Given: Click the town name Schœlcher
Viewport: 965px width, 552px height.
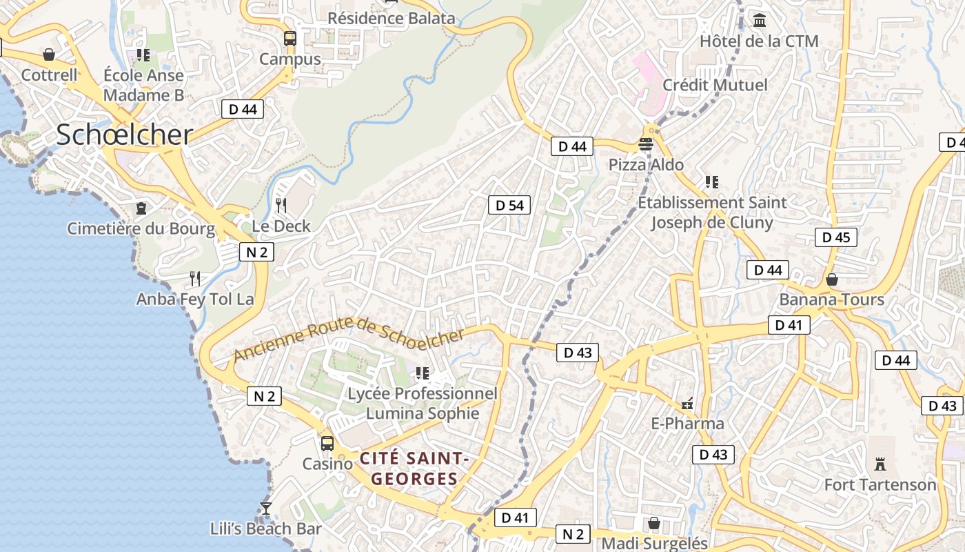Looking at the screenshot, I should point(124,135).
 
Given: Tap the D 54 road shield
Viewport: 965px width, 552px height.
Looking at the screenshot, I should point(509,205).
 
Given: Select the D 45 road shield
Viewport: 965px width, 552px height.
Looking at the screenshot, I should point(836,237).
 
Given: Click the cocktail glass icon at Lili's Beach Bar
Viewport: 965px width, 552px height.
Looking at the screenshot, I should point(266,509).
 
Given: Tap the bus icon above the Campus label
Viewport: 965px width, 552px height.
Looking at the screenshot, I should point(290,39).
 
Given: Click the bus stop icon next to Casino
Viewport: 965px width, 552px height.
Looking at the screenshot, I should point(327,443).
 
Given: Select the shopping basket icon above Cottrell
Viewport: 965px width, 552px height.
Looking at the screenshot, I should point(49,55).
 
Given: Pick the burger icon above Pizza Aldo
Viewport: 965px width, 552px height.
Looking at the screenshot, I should point(646,144).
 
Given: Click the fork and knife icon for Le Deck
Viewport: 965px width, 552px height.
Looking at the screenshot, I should point(281,205).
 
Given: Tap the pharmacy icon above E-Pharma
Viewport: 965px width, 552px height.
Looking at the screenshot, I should point(687,404).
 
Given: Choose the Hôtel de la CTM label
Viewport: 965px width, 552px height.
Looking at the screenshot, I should point(759,41).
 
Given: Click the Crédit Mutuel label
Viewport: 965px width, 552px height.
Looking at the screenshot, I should point(715,85).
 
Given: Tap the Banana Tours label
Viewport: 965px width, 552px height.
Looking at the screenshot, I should point(831,299).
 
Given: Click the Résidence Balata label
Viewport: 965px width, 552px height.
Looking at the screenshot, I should point(391,19).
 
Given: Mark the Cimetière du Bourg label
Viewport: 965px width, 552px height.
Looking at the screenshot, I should point(141,228).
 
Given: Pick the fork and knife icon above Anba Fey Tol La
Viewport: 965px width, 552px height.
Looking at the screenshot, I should point(195,279).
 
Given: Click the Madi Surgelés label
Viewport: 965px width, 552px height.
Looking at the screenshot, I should point(655,544).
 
